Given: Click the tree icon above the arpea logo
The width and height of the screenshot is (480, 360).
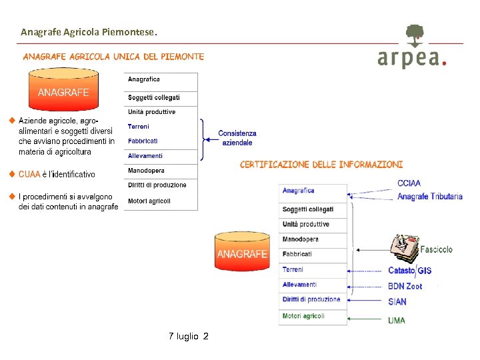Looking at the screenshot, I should pyautogui.click(x=414, y=35).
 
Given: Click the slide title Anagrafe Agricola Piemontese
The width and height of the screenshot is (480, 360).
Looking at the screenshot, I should pyautogui.click(x=89, y=31).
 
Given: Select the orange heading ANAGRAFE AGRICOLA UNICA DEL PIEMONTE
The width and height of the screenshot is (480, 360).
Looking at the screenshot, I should pyautogui.click(x=114, y=57).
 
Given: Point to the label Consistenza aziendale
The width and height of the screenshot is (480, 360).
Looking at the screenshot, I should pyautogui.click(x=237, y=138).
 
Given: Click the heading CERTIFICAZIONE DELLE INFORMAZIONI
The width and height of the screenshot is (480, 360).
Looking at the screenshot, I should pyautogui.click(x=321, y=164).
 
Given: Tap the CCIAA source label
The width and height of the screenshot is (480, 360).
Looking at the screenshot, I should pyautogui.click(x=409, y=183).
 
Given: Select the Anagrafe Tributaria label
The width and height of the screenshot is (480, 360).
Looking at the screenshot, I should pyautogui.click(x=429, y=196).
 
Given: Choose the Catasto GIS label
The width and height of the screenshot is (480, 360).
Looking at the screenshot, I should pyautogui.click(x=409, y=271).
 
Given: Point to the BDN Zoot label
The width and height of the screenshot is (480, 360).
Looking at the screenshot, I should pyautogui.click(x=405, y=286).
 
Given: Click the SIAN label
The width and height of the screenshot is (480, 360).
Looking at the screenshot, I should pyautogui.click(x=397, y=301).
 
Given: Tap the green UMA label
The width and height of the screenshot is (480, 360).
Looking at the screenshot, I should pyautogui.click(x=397, y=320).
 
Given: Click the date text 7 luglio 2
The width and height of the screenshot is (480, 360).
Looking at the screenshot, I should pyautogui.click(x=189, y=337).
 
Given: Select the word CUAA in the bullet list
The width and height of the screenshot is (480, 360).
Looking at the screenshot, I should pyautogui.click(x=29, y=175).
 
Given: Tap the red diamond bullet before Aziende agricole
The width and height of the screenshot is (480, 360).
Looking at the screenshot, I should pyautogui.click(x=11, y=121).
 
